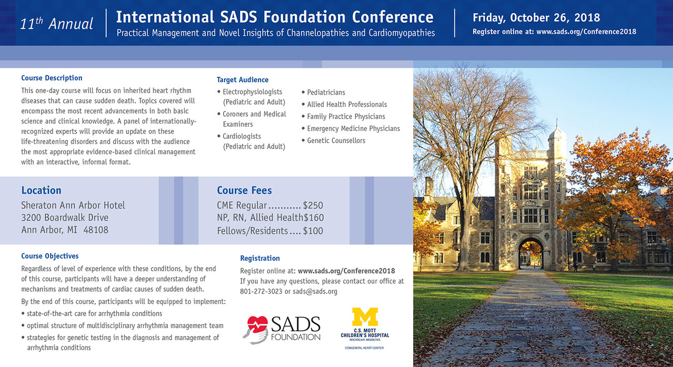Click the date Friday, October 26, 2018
[536, 18]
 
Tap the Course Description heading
[52, 78]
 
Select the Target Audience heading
[242, 80]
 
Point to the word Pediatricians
[326, 93]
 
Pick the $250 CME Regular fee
[313, 206]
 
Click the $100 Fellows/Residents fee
[313, 231]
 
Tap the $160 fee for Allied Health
[314, 218]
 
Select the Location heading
[41, 190]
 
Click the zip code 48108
[96, 230]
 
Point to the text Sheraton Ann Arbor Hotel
[73, 206]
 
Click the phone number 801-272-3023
[261, 292]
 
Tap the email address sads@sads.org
[315, 292]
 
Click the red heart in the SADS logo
[257, 324]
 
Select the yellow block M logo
[365, 317]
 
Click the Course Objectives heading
[50, 256]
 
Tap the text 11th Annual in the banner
[56, 24]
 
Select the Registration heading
[260, 258]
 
